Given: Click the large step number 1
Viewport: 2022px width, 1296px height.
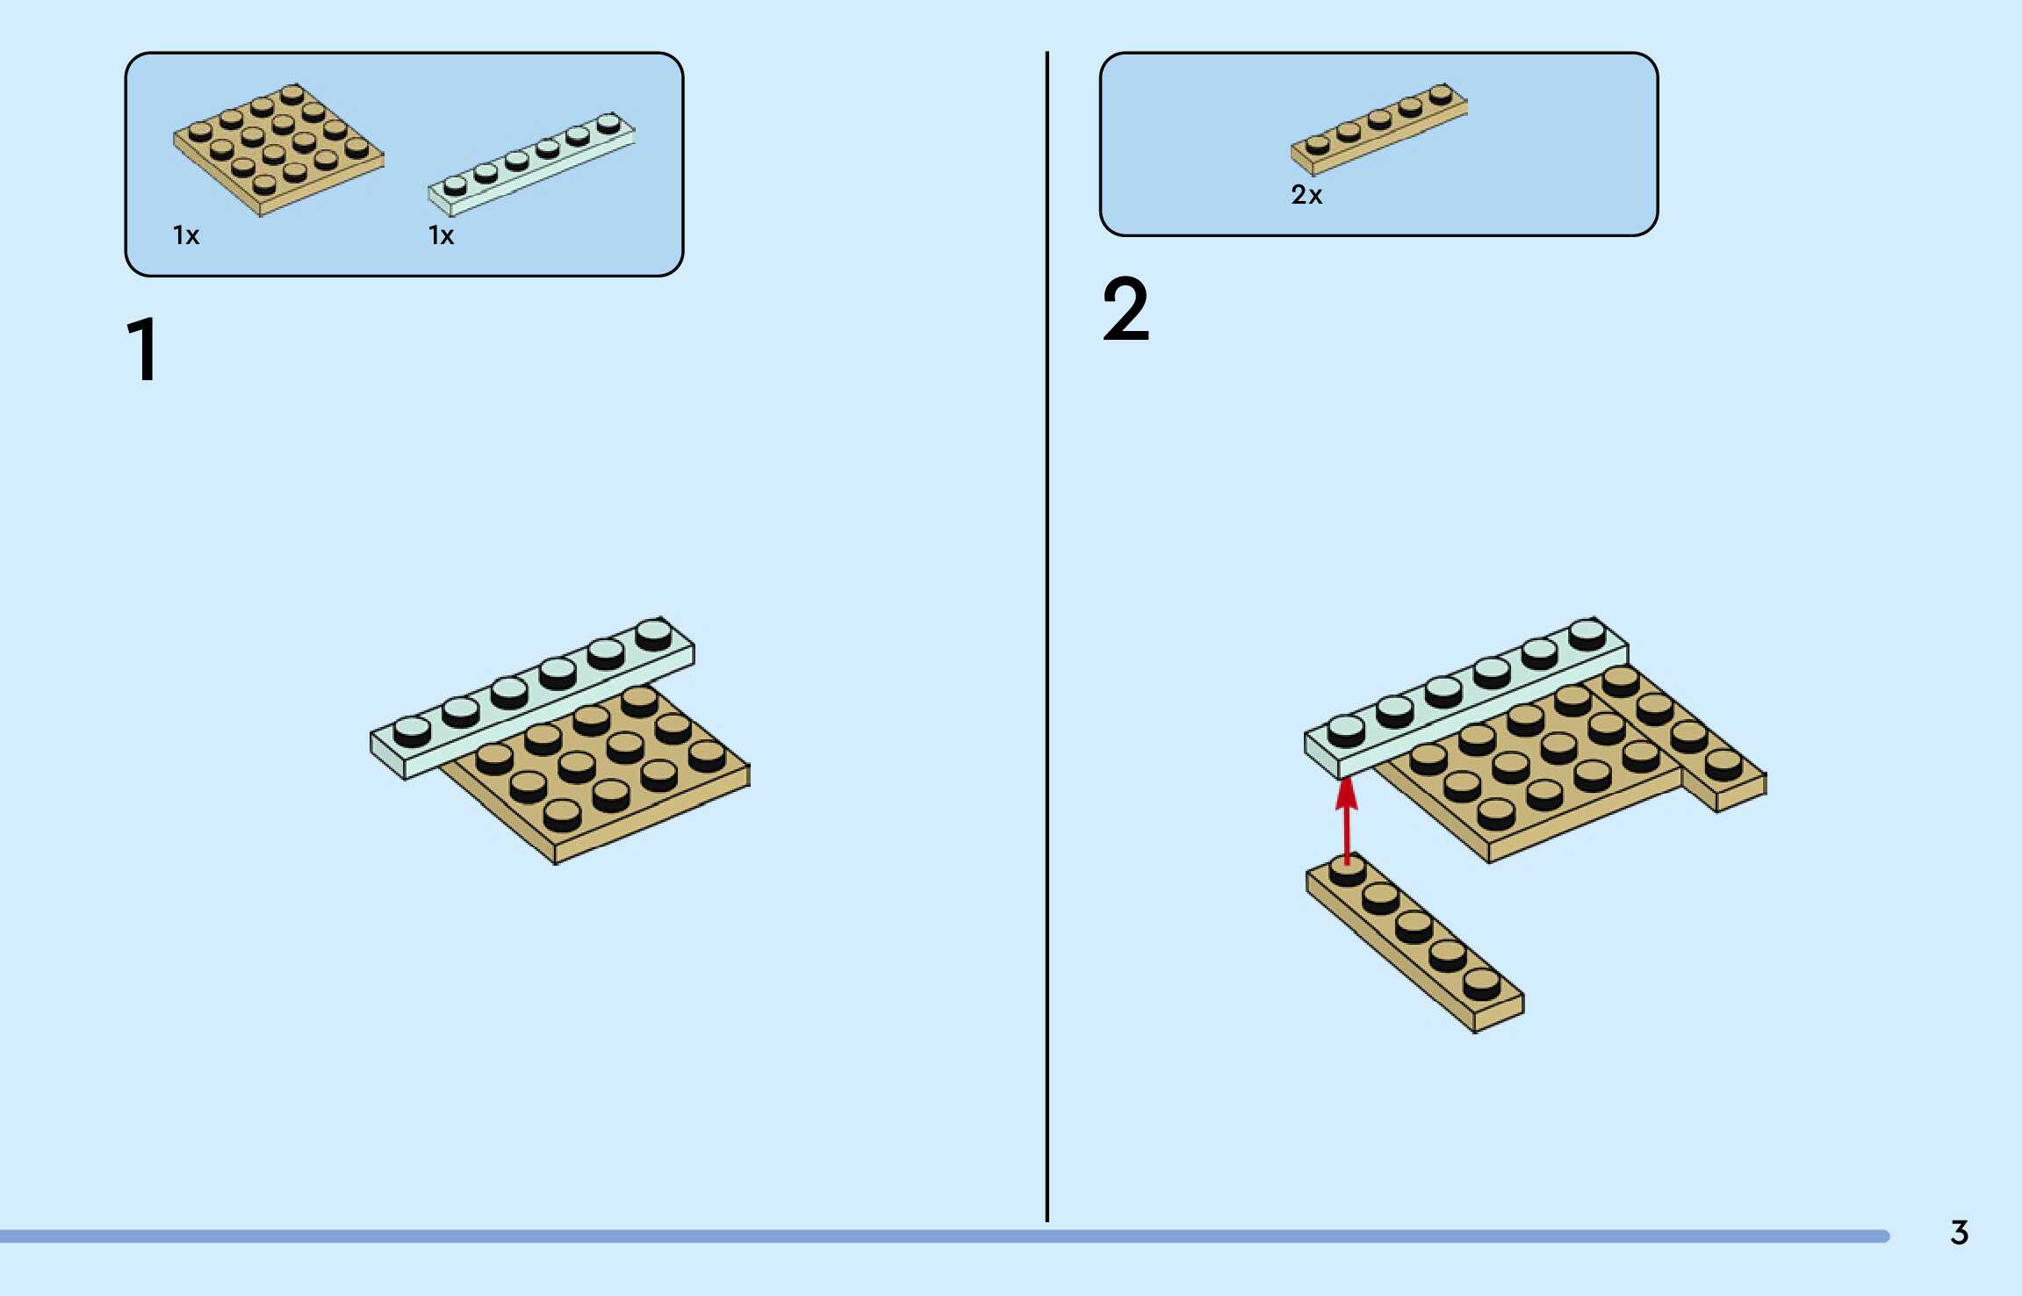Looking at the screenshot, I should click(143, 349).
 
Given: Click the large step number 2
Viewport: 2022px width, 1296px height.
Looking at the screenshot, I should click(1126, 309).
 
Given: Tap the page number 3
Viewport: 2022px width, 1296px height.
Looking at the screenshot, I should click(1959, 1233).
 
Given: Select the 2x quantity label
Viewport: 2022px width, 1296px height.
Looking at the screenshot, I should click(1306, 195).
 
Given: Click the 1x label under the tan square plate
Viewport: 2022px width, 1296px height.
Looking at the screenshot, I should click(186, 235).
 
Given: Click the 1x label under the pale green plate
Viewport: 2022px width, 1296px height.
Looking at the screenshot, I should click(441, 235).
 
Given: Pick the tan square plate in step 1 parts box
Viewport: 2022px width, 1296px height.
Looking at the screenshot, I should click(278, 149).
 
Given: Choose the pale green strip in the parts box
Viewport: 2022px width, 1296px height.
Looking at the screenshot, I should click(530, 164).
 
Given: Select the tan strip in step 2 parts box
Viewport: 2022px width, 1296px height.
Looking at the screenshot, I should click(1378, 129).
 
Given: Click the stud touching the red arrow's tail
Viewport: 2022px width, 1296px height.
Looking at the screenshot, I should click(1347, 869).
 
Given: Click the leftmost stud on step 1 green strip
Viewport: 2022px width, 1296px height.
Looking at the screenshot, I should click(412, 730).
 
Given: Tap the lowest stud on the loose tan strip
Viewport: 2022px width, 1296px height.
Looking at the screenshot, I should click(1481, 983).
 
